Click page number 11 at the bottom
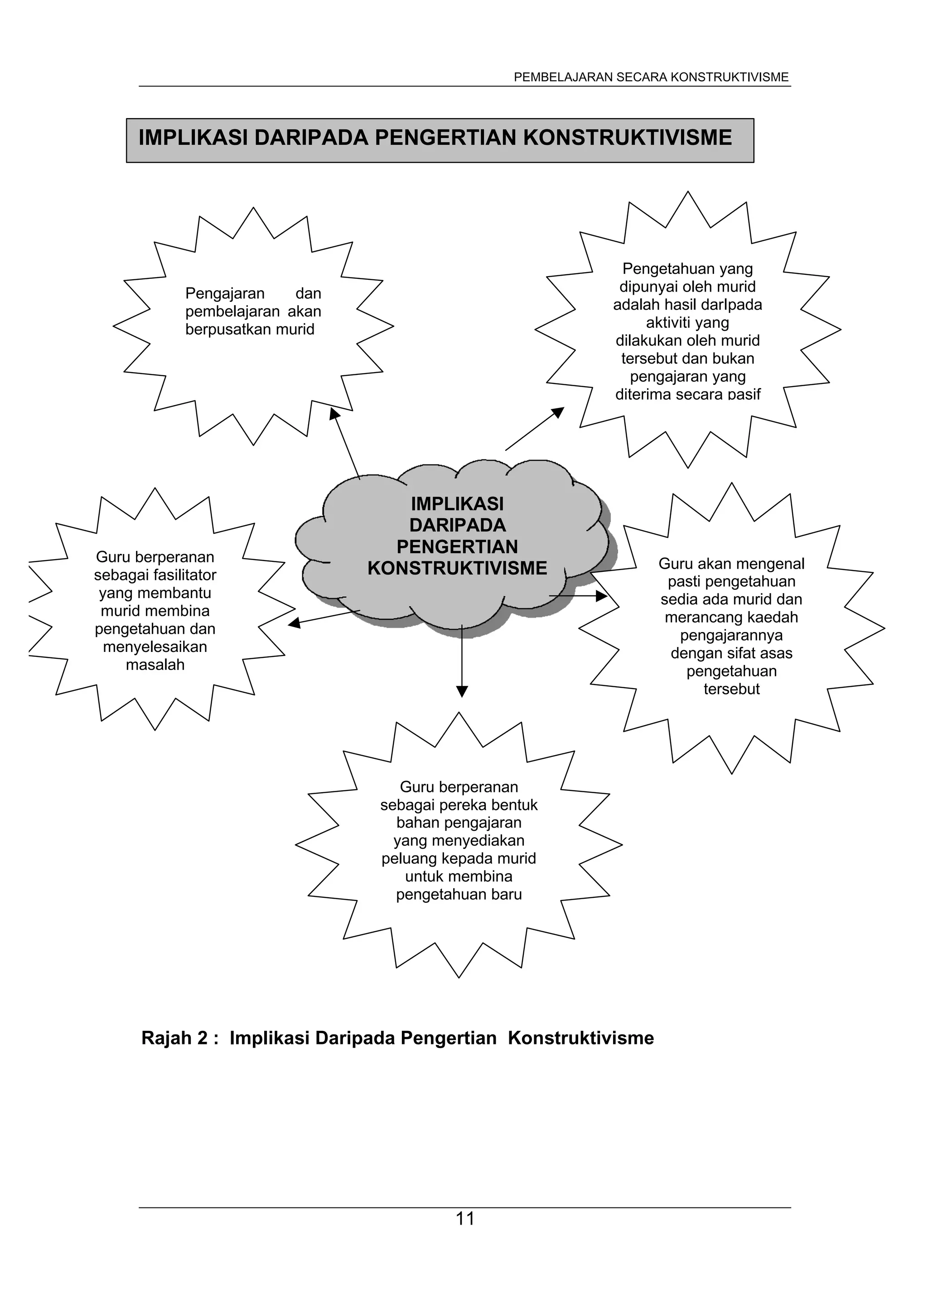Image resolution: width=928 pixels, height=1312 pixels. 465,1219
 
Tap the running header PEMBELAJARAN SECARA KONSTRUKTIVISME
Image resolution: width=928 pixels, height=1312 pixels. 651,77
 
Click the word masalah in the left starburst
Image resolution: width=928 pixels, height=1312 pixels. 155,665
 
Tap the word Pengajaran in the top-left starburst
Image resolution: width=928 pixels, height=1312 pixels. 225,294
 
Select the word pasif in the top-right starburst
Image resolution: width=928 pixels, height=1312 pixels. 744,394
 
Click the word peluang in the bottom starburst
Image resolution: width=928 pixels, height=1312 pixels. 408,859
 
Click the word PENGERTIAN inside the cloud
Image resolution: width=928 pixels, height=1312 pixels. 457,547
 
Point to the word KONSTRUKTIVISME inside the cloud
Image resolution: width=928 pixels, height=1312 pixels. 457,569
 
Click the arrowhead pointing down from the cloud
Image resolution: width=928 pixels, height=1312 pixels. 462,691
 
